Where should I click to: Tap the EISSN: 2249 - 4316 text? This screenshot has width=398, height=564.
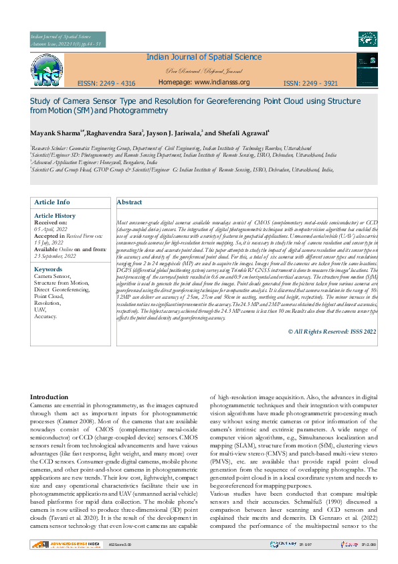tap(106, 84)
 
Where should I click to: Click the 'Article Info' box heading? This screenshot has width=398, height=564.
tap(52, 202)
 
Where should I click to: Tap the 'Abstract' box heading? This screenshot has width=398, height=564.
tap(130, 202)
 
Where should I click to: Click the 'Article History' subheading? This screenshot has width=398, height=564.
tap(55, 216)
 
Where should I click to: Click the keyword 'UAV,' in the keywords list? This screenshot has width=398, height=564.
tap(40, 309)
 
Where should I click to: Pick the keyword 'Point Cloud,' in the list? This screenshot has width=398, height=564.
tap(49, 295)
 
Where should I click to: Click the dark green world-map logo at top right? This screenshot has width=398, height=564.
tap(367, 40)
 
